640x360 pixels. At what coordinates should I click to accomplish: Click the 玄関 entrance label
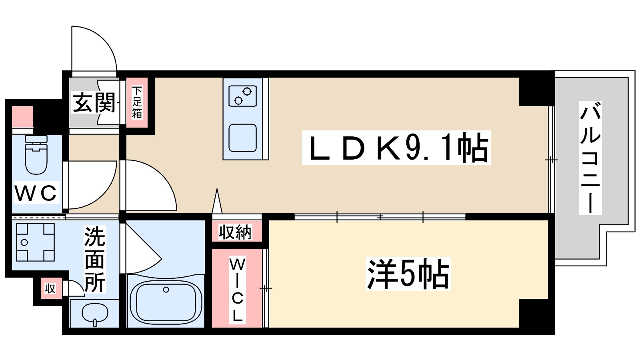pos(94,103)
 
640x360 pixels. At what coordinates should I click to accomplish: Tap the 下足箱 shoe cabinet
pos(137,102)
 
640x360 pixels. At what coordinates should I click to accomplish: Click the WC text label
pos(36,194)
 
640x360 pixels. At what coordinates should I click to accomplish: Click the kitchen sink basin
pos(242,138)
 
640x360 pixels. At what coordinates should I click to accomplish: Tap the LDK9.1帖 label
pos(396,148)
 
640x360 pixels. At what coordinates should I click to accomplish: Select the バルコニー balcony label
pos(590,158)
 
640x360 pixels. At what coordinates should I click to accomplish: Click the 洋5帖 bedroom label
pos(408,274)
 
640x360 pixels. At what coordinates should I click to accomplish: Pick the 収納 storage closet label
pos(235,232)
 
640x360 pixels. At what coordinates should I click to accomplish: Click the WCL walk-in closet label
pos(237,290)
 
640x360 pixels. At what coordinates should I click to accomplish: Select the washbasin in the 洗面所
pos(95,313)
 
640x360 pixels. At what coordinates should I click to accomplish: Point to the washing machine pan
pos(35,242)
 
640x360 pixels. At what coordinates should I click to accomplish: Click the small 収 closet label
pos(50,288)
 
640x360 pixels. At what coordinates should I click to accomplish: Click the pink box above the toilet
pos(22,116)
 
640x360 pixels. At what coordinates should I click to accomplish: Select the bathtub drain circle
pos(166,290)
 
